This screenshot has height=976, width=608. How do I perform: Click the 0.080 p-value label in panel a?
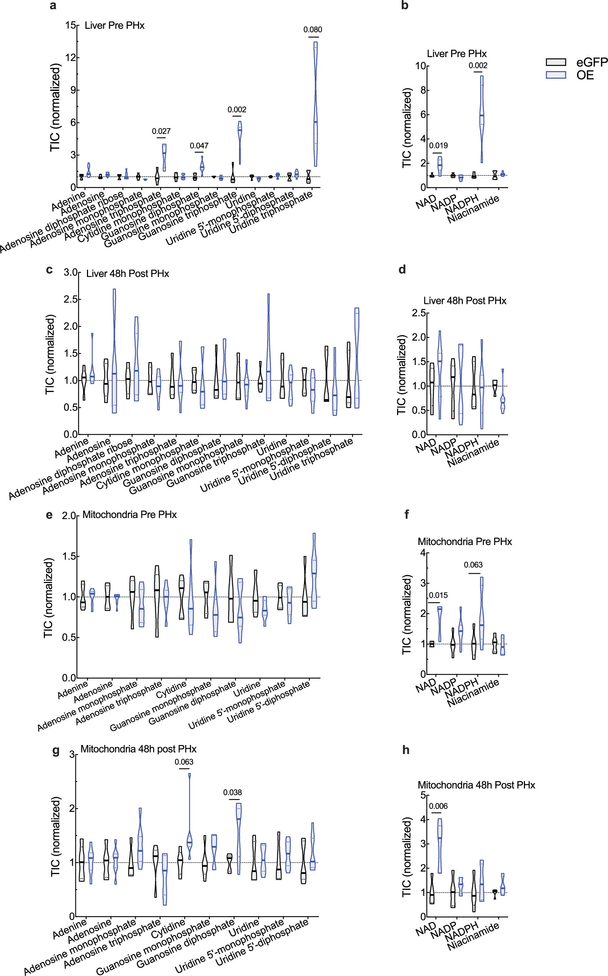[313, 30]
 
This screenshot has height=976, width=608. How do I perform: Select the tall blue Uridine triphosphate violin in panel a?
[315, 105]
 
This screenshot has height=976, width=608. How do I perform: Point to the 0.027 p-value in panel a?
[161, 131]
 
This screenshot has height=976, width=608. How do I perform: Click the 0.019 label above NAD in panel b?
[438, 145]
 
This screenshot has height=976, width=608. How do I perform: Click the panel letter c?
[50, 269]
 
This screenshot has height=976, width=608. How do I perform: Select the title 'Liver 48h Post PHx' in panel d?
[464, 301]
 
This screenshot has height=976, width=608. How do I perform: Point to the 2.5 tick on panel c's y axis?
[71, 300]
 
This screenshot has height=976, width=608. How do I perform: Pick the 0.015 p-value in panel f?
[438, 595]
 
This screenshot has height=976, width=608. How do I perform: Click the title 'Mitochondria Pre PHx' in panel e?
[129, 515]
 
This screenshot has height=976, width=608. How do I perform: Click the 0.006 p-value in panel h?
[438, 806]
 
